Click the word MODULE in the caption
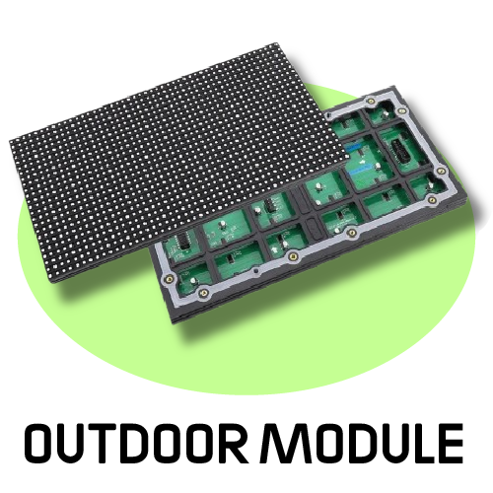click(361, 443)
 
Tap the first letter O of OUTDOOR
click(41, 443)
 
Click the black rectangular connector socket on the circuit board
click(402, 152)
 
